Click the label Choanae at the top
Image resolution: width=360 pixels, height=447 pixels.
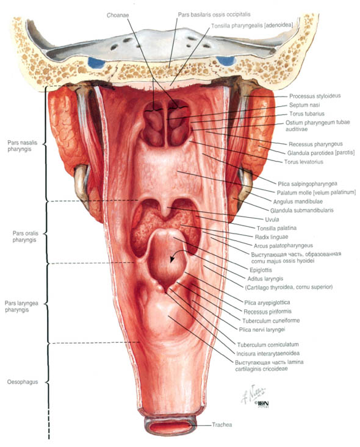118,15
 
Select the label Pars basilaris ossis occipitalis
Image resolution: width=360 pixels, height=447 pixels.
214,14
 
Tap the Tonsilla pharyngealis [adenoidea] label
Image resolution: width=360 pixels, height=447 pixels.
252,26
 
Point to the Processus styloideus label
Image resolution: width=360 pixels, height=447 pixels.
315,96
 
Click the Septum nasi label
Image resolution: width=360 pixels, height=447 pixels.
304,105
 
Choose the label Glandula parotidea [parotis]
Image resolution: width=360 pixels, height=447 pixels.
321,153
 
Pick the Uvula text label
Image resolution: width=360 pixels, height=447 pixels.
272,219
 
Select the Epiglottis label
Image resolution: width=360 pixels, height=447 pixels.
261,270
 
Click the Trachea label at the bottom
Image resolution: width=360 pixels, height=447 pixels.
222,425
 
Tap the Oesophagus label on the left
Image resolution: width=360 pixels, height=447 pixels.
23,382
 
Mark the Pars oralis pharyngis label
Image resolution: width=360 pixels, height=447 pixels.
25,237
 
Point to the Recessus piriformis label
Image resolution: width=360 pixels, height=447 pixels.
268,311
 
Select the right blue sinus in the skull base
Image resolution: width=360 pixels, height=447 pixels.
226,61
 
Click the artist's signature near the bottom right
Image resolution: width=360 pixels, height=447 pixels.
253,395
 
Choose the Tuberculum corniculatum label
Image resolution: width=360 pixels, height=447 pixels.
268,345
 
